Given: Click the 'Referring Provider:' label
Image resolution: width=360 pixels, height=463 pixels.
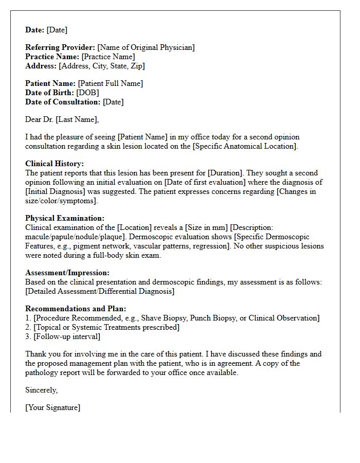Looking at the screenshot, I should tap(60, 47).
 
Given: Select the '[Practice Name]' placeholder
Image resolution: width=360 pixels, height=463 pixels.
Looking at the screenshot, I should tap(108, 57).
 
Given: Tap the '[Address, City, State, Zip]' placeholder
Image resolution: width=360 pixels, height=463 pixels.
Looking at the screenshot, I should tap(102, 66).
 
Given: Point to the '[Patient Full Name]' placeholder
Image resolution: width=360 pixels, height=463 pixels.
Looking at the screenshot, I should tap(111, 83).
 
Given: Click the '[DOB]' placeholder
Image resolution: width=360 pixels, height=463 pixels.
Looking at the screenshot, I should tap(88, 93).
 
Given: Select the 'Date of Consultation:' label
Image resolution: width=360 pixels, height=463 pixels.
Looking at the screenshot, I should tap(63, 102).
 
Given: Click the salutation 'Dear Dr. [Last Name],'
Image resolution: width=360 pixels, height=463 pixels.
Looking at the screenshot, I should tap(62, 119).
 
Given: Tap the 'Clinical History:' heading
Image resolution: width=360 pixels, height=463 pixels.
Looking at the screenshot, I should tap(55, 164).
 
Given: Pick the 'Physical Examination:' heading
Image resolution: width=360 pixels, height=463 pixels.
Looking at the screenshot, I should tap(65, 218).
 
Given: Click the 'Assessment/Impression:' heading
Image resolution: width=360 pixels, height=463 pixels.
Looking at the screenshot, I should tap(67, 273).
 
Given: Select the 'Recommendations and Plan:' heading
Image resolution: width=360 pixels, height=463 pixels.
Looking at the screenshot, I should tap(73, 309).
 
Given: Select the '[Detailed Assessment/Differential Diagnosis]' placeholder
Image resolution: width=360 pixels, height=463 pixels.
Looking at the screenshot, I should tap(100, 291).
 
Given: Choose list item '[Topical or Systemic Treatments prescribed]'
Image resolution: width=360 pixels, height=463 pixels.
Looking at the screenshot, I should tap(106, 327).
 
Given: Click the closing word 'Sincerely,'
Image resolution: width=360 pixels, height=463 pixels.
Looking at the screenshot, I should tap(42, 390).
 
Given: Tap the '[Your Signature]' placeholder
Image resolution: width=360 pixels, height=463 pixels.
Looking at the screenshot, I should tap(52, 407).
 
